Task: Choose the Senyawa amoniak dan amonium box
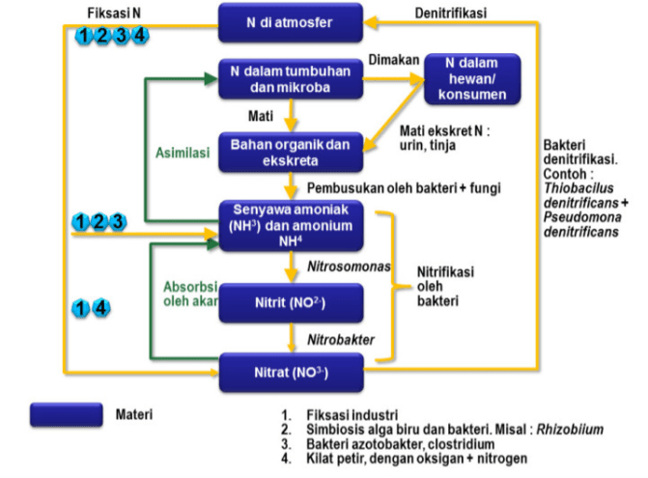pos(291,225)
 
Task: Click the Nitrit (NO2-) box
pos(291,303)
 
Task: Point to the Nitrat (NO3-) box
pos(291,371)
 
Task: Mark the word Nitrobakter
pos(341,339)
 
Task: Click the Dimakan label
pos(394,60)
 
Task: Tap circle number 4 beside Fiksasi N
pos(141,36)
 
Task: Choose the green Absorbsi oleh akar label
pos(188,294)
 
